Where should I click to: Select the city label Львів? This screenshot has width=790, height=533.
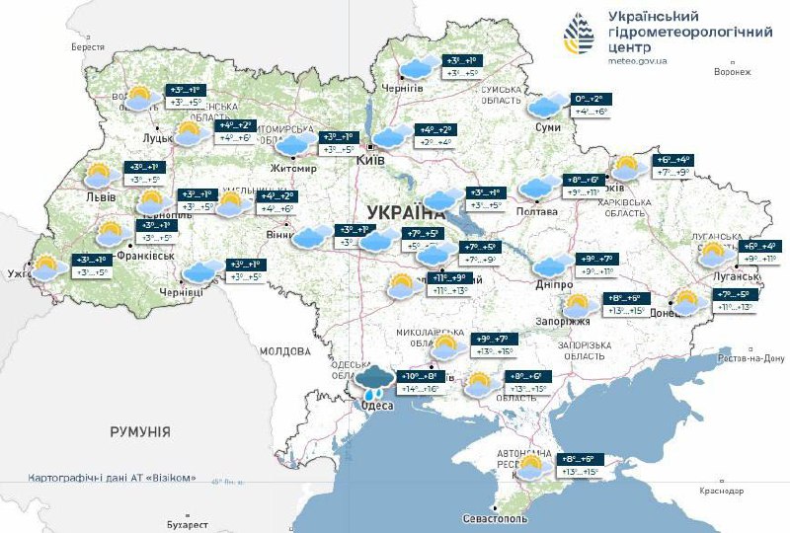point(101,196)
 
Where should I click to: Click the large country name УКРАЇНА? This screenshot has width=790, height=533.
point(406,212)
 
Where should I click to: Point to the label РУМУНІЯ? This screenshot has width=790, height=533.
point(139,432)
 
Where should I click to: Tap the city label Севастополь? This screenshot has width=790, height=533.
point(496,519)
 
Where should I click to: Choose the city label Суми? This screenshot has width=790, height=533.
point(547,128)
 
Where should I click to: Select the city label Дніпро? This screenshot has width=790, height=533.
point(553,284)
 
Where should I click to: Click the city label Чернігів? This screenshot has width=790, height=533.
point(403,88)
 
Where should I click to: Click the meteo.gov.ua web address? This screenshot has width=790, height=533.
point(638,61)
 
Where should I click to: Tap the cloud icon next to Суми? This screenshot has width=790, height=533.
point(545,106)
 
